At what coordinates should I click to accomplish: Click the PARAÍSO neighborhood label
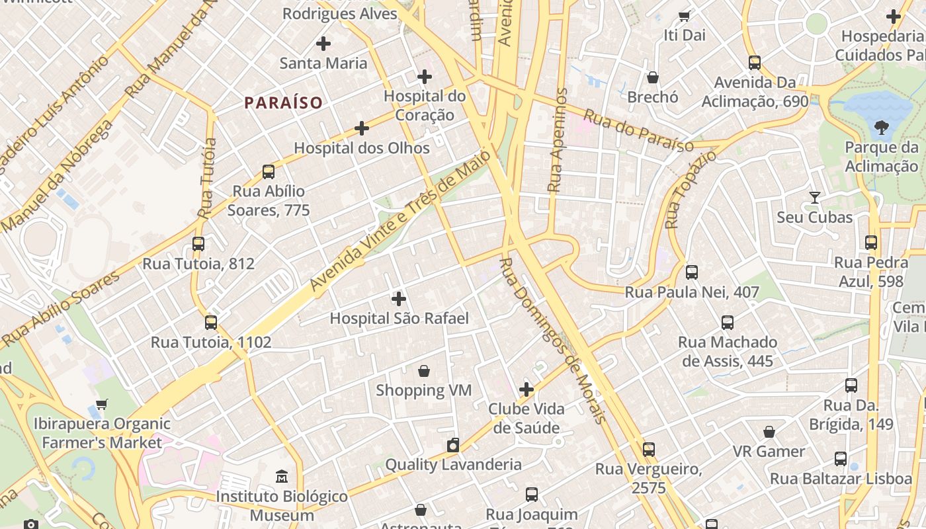coord(283,102)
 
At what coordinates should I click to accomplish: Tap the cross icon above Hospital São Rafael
coord(399,298)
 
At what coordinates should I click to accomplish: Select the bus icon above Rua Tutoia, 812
coord(198,243)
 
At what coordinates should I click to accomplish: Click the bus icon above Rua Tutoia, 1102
coord(211,323)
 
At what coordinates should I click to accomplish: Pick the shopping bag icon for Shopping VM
coord(423,371)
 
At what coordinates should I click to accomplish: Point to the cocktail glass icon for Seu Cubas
coord(814,198)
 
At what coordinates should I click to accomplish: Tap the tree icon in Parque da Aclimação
coord(881,127)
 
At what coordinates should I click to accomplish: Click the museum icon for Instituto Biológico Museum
coord(282,476)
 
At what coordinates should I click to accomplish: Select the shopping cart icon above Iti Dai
coord(685,16)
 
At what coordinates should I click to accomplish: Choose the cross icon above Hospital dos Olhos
coord(361,128)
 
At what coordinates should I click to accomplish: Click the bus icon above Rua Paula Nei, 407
coord(692,272)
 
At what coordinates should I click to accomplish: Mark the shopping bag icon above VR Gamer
coord(769,432)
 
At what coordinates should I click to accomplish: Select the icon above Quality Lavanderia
coord(453,445)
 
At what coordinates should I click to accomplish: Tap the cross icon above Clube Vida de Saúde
coord(526,389)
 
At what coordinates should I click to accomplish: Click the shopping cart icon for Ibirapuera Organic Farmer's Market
coord(102,404)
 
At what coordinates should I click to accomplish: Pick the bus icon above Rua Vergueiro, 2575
coord(649,450)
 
